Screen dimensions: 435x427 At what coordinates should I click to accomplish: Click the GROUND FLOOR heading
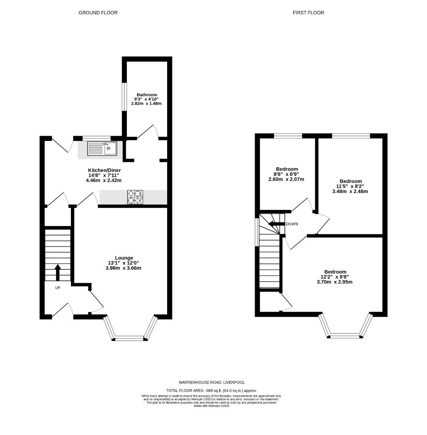pos(98,13)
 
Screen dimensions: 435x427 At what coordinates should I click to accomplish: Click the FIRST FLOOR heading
pos(308,13)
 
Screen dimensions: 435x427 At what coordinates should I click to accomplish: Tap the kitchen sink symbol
pos(102,149)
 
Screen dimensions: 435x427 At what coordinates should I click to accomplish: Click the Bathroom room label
pos(146,95)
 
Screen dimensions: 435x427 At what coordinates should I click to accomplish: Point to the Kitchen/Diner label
pos(104,170)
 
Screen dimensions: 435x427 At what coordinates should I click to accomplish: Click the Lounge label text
pos(124,258)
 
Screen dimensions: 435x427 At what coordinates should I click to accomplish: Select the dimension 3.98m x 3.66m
pos(124,268)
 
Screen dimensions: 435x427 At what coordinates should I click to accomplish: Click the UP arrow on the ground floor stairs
pos(58,272)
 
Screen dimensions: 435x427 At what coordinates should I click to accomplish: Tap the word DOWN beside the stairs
pos(292,224)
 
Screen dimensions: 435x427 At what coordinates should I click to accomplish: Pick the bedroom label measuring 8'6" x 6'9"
pos(287,169)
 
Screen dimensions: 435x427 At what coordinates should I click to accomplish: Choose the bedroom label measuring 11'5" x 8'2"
pos(350,181)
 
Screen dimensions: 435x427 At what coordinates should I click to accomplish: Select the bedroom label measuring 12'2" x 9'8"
pos(335,272)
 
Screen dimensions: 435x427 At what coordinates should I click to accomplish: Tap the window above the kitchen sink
pos(97,138)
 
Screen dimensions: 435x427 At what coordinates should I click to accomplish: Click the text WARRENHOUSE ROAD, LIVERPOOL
pos(211,382)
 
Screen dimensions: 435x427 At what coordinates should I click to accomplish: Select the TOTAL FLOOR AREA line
pos(211,391)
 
